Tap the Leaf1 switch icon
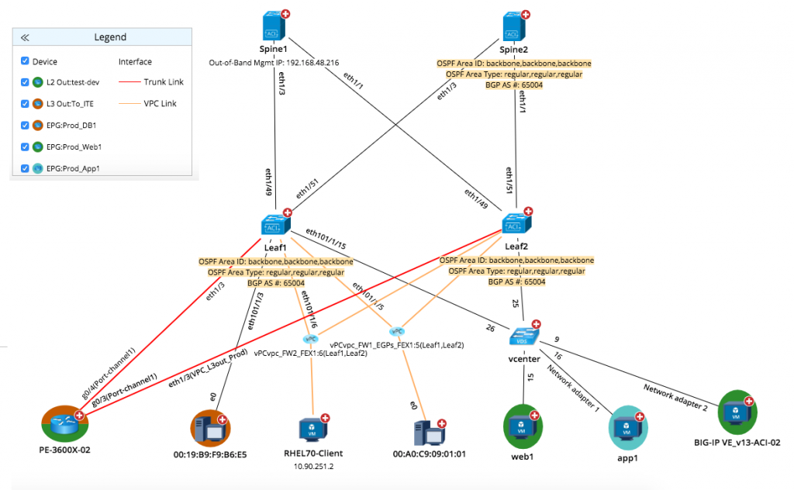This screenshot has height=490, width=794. (x=276, y=226)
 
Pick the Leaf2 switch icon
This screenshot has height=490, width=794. (x=516, y=226)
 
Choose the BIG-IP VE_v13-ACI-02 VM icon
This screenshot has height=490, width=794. (x=736, y=410)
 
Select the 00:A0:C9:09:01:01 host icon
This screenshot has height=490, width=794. (x=429, y=431)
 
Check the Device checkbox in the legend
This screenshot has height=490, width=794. (x=25, y=61)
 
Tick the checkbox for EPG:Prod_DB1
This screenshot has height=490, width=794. (x=25, y=125)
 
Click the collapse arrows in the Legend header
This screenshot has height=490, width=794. (x=25, y=37)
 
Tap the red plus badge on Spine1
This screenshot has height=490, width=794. (x=285, y=14)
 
